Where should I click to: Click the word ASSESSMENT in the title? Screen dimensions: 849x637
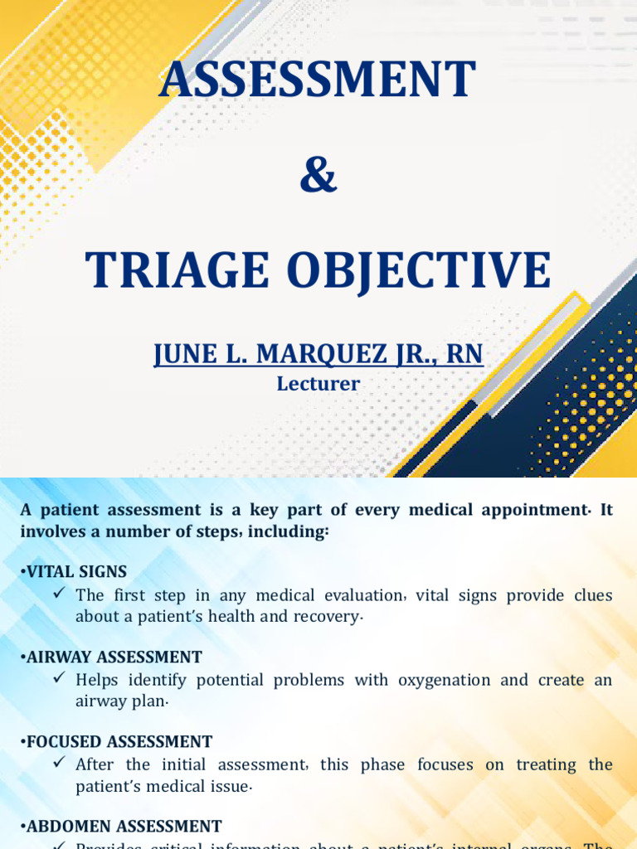[318, 80]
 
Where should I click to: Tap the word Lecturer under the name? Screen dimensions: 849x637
[318, 384]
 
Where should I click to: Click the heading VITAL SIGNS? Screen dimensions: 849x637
[76, 571]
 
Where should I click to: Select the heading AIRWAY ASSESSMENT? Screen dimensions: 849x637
[114, 657]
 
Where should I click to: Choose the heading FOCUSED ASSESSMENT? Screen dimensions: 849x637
[119, 742]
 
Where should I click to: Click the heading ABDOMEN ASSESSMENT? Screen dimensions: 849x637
[124, 827]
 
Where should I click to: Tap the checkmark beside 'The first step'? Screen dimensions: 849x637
[59, 594]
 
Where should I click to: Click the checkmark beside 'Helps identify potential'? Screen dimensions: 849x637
[59, 678]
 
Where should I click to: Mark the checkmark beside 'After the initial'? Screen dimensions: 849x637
[59, 763]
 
